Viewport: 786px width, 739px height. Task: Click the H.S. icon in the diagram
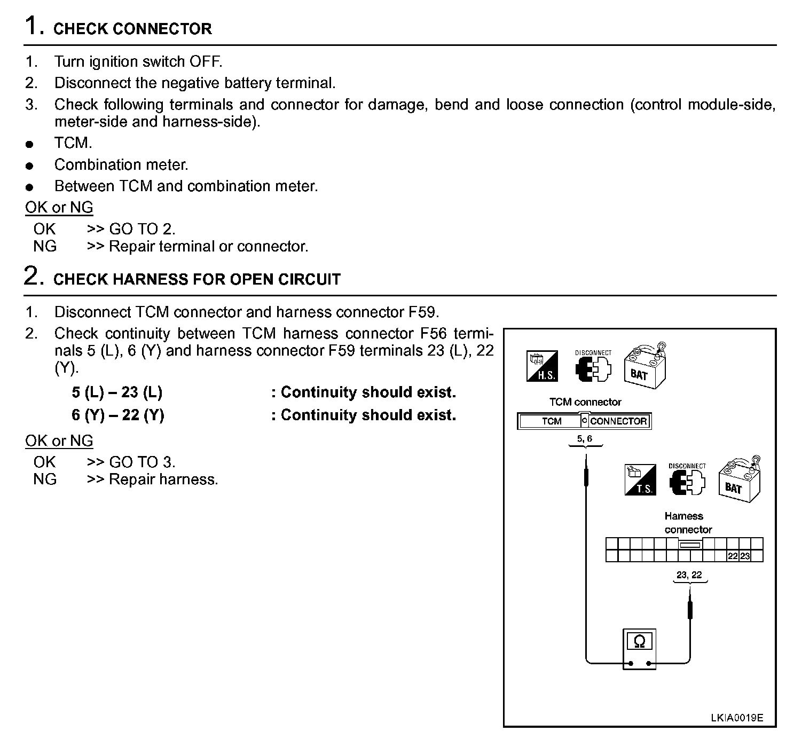542,366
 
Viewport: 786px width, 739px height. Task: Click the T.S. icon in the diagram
640,479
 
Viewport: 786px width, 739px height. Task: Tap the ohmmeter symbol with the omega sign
639,648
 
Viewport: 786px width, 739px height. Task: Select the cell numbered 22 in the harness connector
733,556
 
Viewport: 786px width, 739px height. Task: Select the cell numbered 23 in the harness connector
745,556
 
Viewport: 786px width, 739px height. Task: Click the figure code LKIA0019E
737,717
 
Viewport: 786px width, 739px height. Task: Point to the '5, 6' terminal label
585,439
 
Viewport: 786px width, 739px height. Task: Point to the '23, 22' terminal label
689,575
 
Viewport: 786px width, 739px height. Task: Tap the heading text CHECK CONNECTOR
132,29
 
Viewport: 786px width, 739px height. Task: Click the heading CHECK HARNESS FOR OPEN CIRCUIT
197,279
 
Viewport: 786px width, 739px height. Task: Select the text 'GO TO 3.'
142,462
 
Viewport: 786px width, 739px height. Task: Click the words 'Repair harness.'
163,479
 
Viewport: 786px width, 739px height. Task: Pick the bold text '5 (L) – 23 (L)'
117,392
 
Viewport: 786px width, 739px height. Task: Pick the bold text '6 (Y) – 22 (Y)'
118,415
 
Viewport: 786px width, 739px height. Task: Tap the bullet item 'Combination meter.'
121,164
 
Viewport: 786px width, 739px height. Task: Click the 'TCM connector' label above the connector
585,402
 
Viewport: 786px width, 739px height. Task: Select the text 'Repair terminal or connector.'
209,246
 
